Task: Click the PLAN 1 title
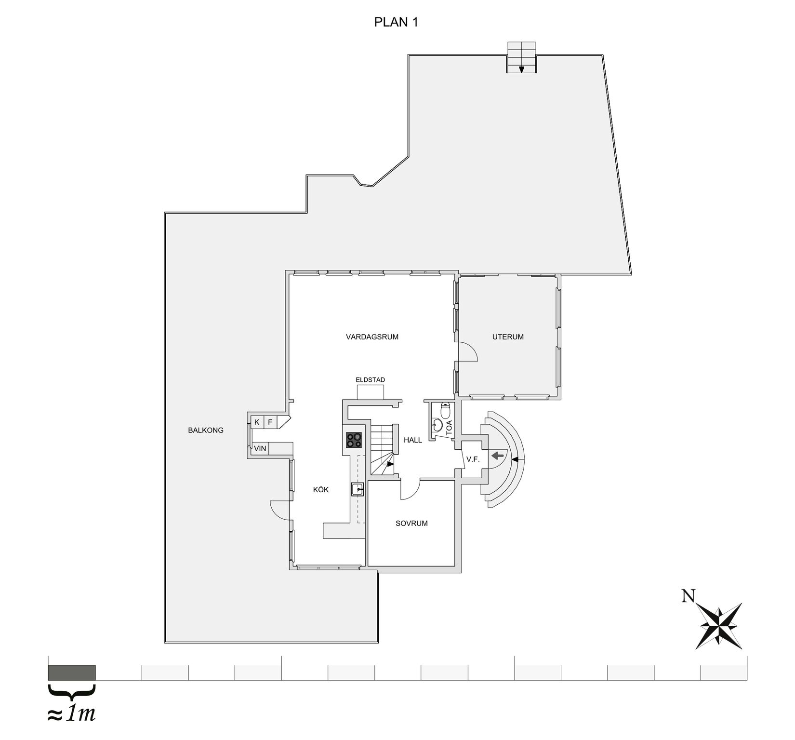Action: tap(396, 22)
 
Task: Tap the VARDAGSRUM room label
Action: tap(372, 337)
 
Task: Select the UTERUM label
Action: tap(508, 337)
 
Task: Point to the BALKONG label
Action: tap(206, 431)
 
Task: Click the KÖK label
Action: tap(321, 489)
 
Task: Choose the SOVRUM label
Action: tap(411, 524)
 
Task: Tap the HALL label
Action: tap(413, 440)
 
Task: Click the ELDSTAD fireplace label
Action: tap(370, 380)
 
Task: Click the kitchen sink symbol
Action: tap(358, 489)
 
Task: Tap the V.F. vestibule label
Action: tap(473, 459)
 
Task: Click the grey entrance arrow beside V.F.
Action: tap(498, 454)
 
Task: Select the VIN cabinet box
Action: tap(260, 449)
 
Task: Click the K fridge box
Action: tap(257, 422)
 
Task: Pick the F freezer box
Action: tap(270, 422)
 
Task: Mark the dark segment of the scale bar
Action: tap(72, 672)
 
